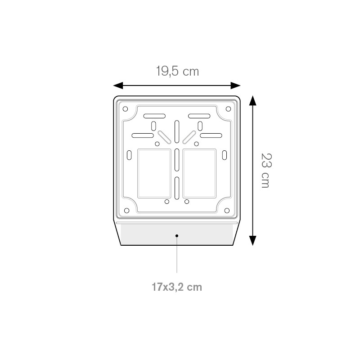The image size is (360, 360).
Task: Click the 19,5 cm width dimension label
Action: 177,71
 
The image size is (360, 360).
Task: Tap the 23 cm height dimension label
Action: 266,171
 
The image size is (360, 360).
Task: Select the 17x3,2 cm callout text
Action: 177,287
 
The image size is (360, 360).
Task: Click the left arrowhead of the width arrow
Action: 118,85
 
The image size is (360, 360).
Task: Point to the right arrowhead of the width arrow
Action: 235,85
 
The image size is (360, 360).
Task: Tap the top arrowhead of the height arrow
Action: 252,100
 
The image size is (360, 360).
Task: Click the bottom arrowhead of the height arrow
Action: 252,241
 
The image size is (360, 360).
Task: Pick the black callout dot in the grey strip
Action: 177,236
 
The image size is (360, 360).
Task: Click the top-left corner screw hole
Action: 126,109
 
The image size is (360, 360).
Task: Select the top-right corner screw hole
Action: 228,109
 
